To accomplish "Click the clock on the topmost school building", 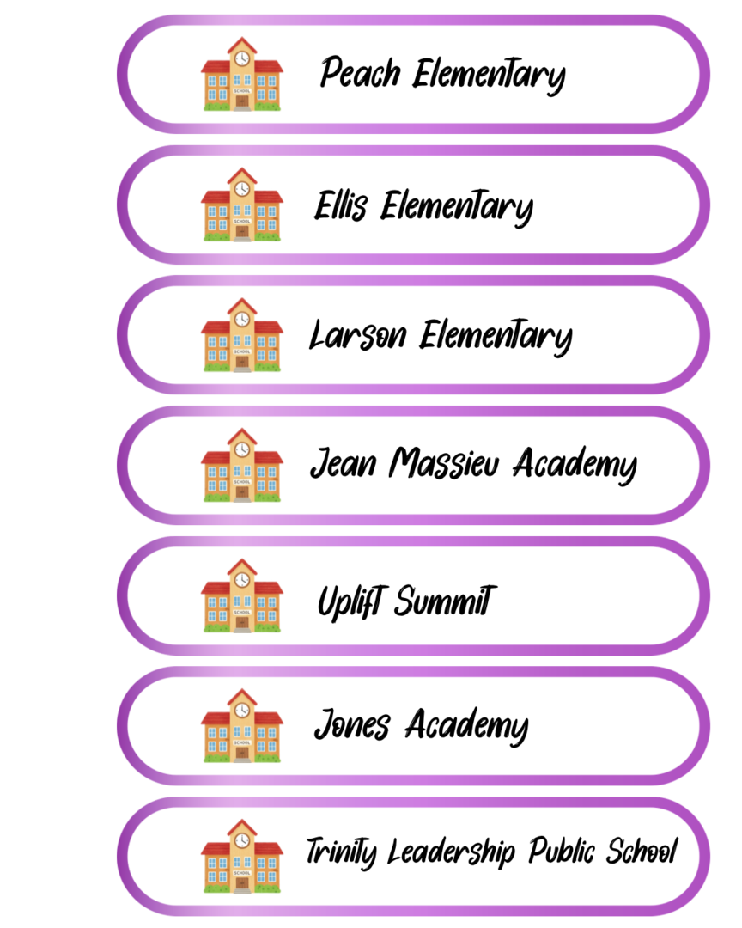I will point(242,58).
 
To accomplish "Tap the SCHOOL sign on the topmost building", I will point(242,91).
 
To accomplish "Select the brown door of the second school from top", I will point(242,232).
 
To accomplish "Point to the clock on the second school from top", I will point(242,189).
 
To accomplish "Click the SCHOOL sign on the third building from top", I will point(242,351).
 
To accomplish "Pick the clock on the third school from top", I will point(242,320).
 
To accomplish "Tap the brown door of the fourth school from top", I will point(242,492).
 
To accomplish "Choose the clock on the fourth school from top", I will point(242,449).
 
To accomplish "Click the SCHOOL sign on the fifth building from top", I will point(242,613).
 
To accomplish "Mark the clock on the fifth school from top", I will point(242,580).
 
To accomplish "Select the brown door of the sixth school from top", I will point(242,754).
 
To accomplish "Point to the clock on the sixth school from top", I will point(242,711).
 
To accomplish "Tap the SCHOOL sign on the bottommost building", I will point(242,873).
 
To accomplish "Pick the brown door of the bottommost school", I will point(242,884).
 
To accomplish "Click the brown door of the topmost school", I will point(242,102).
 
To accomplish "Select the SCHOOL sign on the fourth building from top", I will point(242,482).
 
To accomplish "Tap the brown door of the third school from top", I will point(242,363).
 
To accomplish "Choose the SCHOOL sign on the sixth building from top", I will point(242,742).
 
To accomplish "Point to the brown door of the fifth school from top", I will point(242,623).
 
